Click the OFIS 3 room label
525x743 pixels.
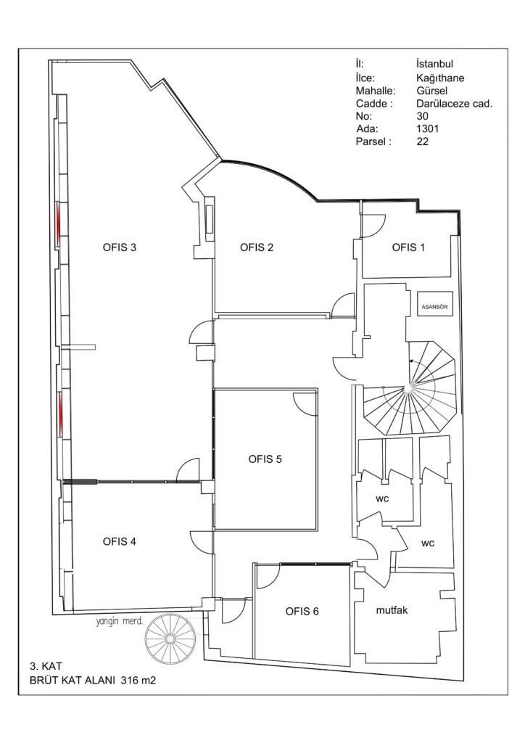(120, 247)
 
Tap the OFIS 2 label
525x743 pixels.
(257, 247)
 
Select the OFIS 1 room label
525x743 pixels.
(408, 247)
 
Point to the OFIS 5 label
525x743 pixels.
(265, 459)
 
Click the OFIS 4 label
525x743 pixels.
(120, 541)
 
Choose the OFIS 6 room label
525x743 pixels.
(302, 611)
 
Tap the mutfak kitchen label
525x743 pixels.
(392, 610)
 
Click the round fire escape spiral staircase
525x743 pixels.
(170, 639)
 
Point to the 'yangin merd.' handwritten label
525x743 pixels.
(120, 622)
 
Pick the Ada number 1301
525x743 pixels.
(428, 128)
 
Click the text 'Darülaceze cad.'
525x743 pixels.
(455, 104)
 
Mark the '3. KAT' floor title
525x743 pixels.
(43, 667)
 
